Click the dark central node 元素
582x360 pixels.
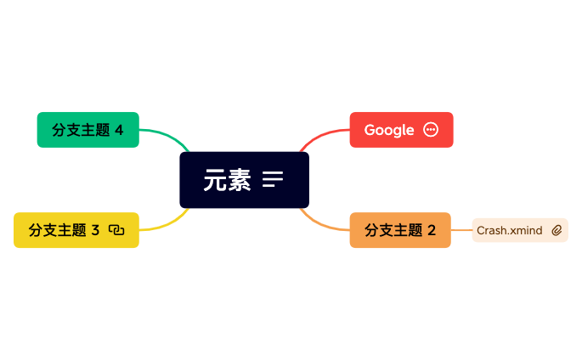tap(244, 180)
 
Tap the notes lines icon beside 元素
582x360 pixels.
tap(273, 179)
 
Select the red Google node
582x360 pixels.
tap(401, 130)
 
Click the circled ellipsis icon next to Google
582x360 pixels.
tap(431, 130)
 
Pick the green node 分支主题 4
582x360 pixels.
tap(88, 130)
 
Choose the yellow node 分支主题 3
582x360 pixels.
tap(76, 230)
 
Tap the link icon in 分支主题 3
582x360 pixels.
tap(116, 230)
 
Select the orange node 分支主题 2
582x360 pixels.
tap(400, 230)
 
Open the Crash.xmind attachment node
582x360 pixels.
tap(520, 230)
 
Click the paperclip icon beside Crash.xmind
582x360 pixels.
tap(557, 230)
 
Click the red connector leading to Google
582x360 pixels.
tap(321, 136)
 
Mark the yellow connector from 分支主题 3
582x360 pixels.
tap(168, 223)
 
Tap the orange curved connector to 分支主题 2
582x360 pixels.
tap(321, 223)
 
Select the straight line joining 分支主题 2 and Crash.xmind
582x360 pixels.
tap(461, 230)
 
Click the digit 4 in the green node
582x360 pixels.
tap(119, 130)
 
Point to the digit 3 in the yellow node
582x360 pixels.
tap(95, 230)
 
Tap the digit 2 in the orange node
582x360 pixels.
tap(432, 230)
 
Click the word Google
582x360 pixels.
tap(389, 130)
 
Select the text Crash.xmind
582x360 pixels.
tap(509, 230)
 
